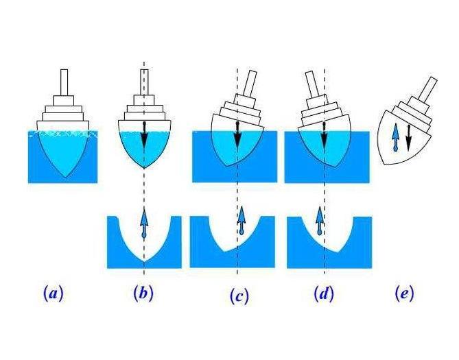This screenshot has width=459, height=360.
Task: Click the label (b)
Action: (143, 293)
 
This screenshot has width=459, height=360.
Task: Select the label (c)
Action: (239, 296)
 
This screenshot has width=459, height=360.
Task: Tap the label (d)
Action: (323, 294)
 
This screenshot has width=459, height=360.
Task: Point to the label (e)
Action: (404, 293)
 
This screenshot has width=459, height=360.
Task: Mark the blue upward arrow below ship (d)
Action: (319, 221)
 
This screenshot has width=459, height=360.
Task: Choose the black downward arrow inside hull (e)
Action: (408, 138)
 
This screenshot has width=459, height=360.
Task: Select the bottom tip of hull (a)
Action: (64, 178)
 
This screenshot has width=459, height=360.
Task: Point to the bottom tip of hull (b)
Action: (144, 169)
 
